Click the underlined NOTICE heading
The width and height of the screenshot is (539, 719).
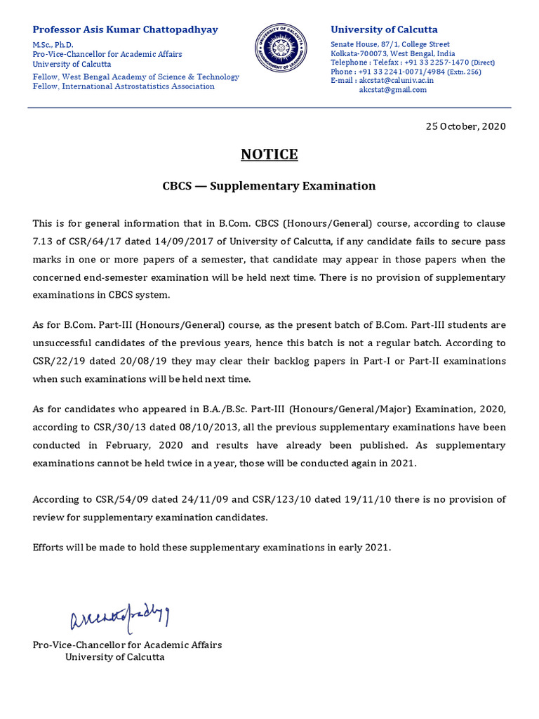(x=269, y=154)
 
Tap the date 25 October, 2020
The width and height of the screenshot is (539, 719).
(x=465, y=126)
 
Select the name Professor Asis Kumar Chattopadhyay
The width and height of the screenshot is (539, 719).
(x=126, y=29)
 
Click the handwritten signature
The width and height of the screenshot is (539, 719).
(x=119, y=618)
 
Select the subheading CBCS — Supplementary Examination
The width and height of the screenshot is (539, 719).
(x=269, y=186)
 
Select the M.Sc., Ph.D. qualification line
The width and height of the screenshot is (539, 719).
(x=53, y=45)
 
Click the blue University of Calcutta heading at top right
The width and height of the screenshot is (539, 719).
(x=384, y=29)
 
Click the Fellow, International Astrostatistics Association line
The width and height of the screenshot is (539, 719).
(x=124, y=86)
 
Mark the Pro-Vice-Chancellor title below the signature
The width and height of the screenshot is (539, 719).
(x=127, y=645)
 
